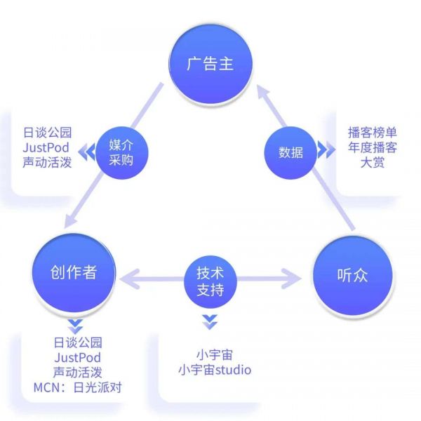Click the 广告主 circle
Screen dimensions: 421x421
[x=210, y=63]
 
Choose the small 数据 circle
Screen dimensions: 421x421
[x=290, y=151]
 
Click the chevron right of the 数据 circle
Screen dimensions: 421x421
[x=323, y=150]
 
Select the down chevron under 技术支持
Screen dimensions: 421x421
[x=209, y=323]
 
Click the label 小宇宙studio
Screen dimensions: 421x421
[x=214, y=370]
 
